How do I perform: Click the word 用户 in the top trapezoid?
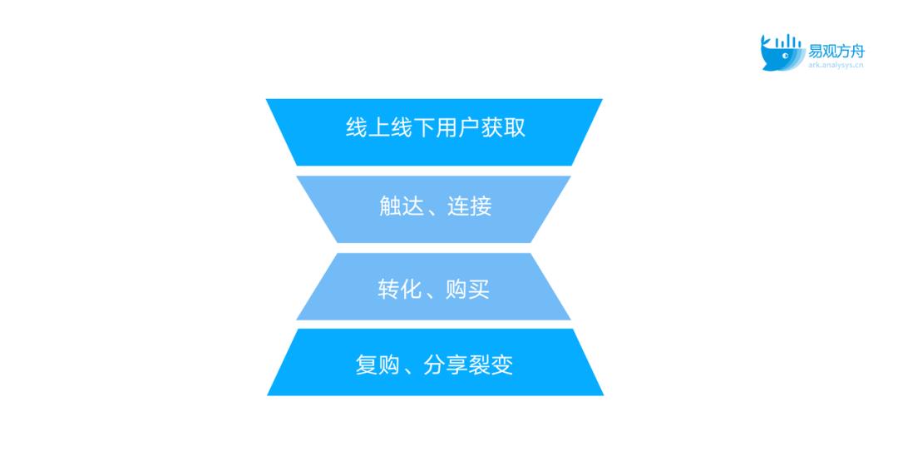coord(457,127)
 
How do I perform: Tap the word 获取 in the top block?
coord(503,127)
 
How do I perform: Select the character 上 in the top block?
coord(379,127)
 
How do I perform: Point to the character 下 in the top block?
coord(424,127)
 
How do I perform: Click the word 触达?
coord(402,206)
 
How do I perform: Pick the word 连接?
coord(470,206)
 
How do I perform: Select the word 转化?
coord(400,290)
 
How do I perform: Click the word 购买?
coord(468,290)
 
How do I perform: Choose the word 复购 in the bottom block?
coord(377,365)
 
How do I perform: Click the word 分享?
coord(446,365)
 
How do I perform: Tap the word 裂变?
coord(491,365)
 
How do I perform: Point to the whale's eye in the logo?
coord(786,56)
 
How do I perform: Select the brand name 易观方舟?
coord(836,51)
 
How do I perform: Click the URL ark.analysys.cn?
coord(836,65)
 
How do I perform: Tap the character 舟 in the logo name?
coord(857,51)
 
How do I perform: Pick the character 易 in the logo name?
coord(815,51)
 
